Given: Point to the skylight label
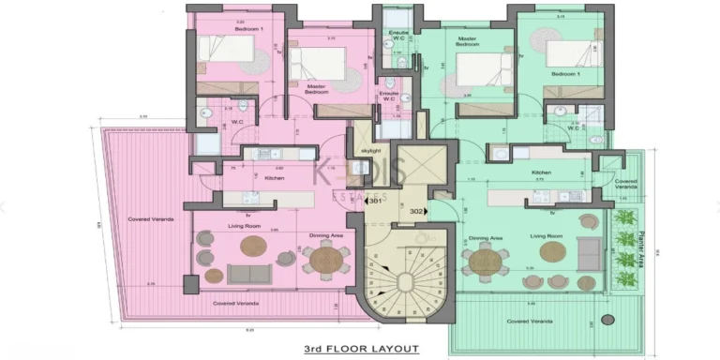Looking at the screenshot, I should tap(370, 150).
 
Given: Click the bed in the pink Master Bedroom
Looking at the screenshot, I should tap(318, 65).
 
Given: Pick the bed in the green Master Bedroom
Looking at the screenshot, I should tap(483, 72).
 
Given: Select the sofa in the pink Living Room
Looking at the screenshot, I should tap(247, 274).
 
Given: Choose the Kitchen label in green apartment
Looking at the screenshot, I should tap(542, 172).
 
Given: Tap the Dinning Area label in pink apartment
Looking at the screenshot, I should tap(312, 235).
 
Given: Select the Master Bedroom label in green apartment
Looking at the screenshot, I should tap(468, 43).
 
